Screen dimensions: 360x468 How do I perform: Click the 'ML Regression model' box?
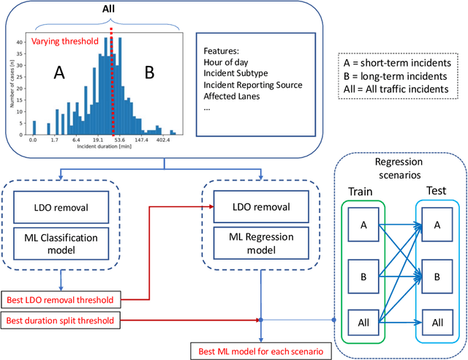[260, 243]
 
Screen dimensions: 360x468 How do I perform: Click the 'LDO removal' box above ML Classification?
[62, 209]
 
